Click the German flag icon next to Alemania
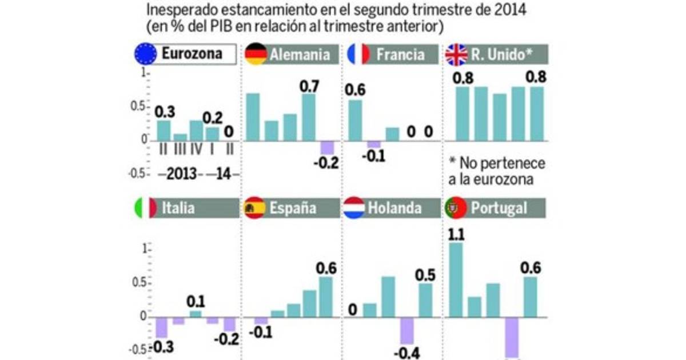(256, 54)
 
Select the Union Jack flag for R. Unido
(456, 54)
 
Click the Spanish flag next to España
(254, 208)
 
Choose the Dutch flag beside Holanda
(354, 208)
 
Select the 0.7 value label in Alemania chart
(309, 86)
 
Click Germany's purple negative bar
(328, 147)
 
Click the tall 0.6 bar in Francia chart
(356, 120)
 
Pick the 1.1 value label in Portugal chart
(456, 234)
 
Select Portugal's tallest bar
(457, 279)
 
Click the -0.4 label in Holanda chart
(406, 353)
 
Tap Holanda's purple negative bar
(406, 330)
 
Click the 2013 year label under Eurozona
(182, 174)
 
